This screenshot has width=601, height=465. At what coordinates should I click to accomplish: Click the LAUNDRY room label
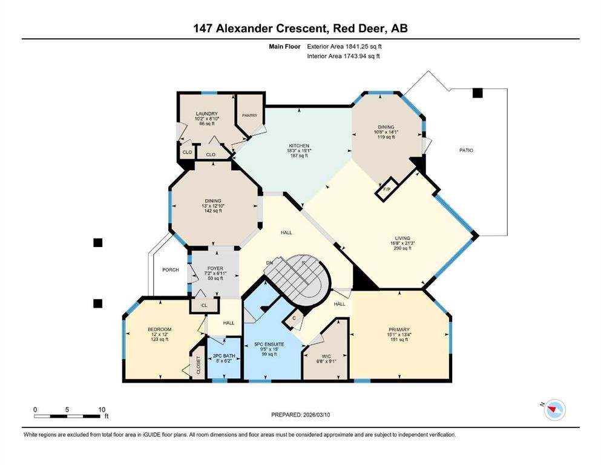coord(206,113)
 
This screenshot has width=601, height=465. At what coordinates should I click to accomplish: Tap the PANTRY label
coord(249,115)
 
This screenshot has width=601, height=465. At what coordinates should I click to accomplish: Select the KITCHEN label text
coord(299,146)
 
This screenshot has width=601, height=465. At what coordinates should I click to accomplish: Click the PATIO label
coord(465,150)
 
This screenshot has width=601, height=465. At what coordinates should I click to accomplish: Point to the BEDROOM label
coord(160,329)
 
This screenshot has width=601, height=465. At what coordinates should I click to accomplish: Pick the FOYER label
coord(215,268)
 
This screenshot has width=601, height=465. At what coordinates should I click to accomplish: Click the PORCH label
coord(171,269)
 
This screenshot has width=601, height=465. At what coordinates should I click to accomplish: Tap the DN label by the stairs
coord(269,263)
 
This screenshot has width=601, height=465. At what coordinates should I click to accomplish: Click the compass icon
coord(553,410)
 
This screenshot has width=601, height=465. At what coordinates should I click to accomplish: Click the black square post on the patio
coord(478,93)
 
